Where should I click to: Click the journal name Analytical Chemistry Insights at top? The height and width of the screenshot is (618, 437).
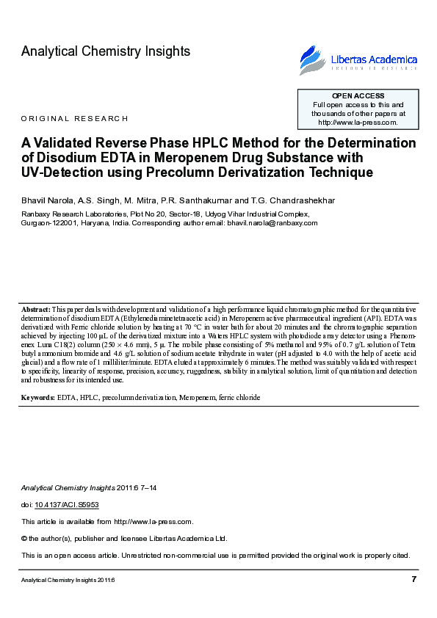(x=106, y=51)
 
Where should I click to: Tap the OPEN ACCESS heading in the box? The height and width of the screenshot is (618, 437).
(x=358, y=96)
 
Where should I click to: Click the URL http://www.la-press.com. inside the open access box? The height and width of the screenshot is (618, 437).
(x=358, y=123)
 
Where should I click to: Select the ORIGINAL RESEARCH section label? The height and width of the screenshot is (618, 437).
(x=75, y=118)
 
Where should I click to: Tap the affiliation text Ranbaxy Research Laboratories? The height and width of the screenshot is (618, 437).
(x=73, y=214)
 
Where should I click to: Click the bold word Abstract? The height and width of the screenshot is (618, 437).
(x=36, y=310)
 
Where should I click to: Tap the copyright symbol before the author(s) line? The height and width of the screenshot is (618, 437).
(x=25, y=538)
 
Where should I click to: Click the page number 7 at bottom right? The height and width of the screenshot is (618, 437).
(x=414, y=580)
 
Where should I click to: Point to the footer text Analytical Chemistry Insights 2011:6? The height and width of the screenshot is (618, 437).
(x=68, y=580)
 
